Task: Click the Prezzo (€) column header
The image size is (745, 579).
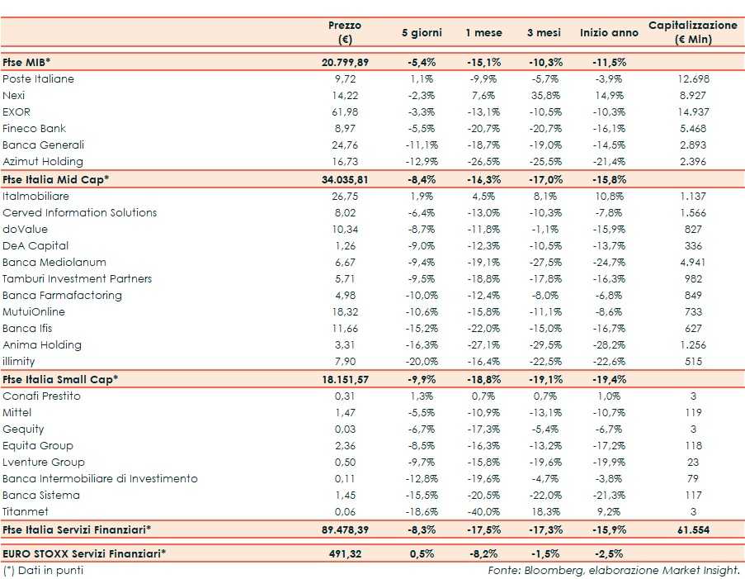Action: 345,33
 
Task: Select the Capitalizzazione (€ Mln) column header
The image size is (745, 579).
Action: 692,33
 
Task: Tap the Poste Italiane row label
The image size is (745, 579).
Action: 38,79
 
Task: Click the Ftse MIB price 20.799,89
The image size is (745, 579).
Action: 345,63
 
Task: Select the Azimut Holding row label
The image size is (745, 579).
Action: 43,162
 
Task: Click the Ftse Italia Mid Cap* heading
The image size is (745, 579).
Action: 56,179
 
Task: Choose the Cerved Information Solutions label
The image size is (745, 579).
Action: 79,213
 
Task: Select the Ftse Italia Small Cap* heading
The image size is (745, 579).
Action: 60,379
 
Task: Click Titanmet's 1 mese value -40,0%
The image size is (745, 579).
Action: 483,512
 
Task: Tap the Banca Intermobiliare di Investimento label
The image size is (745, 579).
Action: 100,479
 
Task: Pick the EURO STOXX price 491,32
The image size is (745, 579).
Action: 345,553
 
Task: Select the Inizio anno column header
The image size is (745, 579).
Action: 609,33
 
